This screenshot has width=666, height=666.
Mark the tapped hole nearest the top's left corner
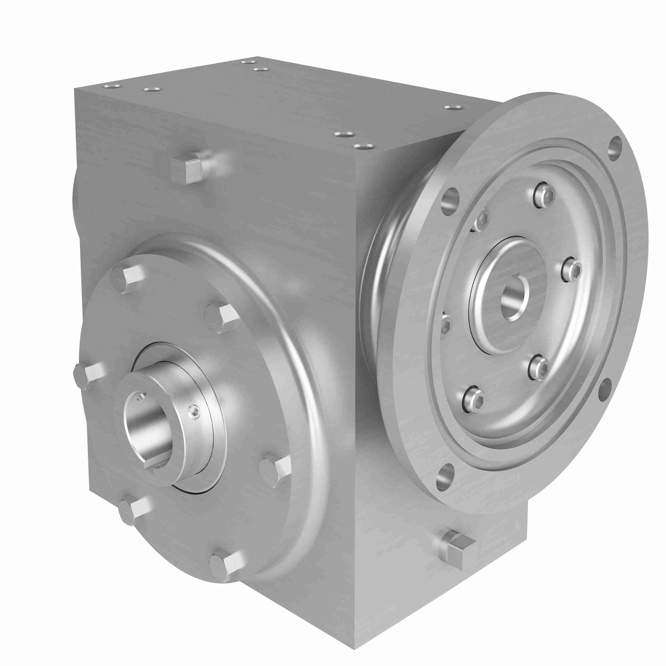point(112,86)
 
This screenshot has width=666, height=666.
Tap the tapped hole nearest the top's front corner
point(364,147)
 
